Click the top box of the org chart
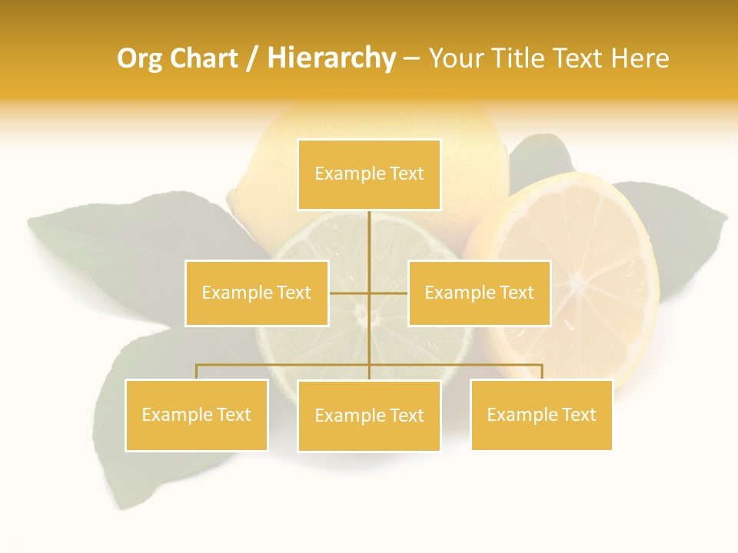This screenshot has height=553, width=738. (369, 174)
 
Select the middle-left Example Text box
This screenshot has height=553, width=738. (257, 293)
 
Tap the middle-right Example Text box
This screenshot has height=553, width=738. (479, 293)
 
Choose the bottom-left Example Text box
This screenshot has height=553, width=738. (196, 415)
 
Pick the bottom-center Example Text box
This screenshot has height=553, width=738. (369, 416)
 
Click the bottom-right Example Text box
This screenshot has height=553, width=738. (541, 415)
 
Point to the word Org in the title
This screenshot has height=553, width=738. (139, 58)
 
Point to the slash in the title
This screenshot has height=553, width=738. (252, 58)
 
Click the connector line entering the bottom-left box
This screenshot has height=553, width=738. (197, 372)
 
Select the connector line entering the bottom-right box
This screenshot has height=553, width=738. (542, 372)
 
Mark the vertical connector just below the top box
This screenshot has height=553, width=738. (370, 230)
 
